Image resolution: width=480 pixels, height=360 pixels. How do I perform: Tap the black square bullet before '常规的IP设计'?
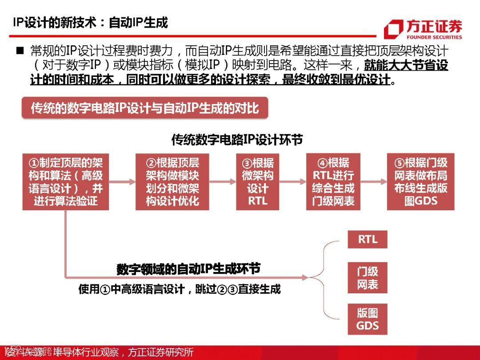click(x=20, y=51)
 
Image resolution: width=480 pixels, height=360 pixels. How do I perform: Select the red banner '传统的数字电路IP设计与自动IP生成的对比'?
click(x=145, y=108)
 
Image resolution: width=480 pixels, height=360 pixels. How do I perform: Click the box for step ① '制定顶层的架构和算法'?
click(x=66, y=182)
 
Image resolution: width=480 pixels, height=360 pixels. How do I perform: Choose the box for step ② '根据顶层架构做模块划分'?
click(x=172, y=182)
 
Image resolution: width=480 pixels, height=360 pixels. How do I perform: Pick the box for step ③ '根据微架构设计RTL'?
click(x=258, y=182)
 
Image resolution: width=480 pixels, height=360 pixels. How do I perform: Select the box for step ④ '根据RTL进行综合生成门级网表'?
click(x=333, y=182)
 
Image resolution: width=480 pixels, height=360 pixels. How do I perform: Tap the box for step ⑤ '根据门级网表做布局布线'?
click(x=421, y=182)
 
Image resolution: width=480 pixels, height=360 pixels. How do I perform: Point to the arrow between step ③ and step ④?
click(x=293, y=181)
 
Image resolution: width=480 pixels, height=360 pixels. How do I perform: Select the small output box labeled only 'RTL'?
click(x=368, y=240)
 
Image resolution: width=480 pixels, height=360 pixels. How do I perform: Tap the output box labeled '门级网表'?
click(x=368, y=278)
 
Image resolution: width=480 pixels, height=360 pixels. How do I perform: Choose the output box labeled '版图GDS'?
click(x=368, y=319)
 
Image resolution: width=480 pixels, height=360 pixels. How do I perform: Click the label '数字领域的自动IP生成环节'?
click(x=188, y=269)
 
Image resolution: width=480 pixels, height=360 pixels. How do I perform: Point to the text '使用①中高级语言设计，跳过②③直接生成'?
click(x=180, y=289)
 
